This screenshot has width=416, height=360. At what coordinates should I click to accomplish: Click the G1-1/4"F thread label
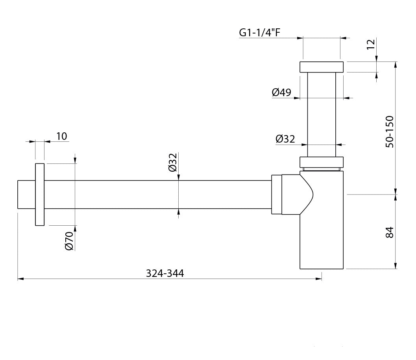[x=259, y=32]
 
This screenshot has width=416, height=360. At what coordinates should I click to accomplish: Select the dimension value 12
[x=371, y=44]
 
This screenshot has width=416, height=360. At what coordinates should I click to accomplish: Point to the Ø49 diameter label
[x=281, y=92]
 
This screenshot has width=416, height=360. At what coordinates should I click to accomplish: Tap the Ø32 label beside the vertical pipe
[x=285, y=139]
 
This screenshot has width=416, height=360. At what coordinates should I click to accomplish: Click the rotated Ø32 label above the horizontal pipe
[x=172, y=162]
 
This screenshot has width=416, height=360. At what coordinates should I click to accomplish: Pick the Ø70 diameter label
[x=69, y=241]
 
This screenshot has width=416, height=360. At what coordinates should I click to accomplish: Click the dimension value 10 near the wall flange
[x=62, y=136]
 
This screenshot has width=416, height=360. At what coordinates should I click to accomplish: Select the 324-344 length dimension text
[x=165, y=273]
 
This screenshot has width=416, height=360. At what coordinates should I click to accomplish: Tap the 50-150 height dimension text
[x=390, y=132]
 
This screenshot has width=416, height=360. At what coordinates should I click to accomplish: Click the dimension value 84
[x=390, y=232]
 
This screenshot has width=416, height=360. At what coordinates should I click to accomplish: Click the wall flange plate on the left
[x=40, y=194]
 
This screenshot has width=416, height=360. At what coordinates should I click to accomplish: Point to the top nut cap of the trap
[x=322, y=67]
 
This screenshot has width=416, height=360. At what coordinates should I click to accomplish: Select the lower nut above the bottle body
[x=322, y=162]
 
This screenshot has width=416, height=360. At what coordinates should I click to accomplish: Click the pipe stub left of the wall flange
[x=26, y=194]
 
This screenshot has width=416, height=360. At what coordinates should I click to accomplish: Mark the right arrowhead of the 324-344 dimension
[x=319, y=279]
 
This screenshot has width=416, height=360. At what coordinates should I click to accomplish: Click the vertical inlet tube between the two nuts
[x=322, y=114]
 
